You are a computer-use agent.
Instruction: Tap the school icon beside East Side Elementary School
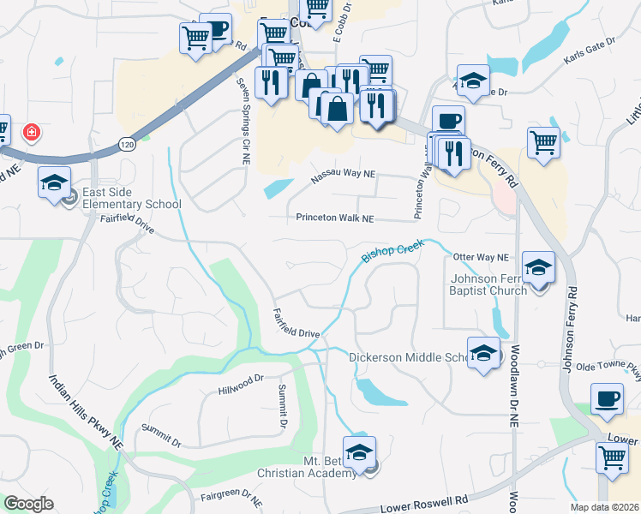pyautogui.click(x=54, y=183)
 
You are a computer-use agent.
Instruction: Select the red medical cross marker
pyautogui.click(x=31, y=133)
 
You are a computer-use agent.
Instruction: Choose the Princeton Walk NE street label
pyautogui.click(x=335, y=219)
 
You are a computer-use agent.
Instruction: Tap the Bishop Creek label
pyautogui.click(x=393, y=250)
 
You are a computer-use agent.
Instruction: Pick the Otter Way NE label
pyautogui.click(x=481, y=257)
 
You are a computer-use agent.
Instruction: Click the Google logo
pyautogui.click(x=28, y=504)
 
